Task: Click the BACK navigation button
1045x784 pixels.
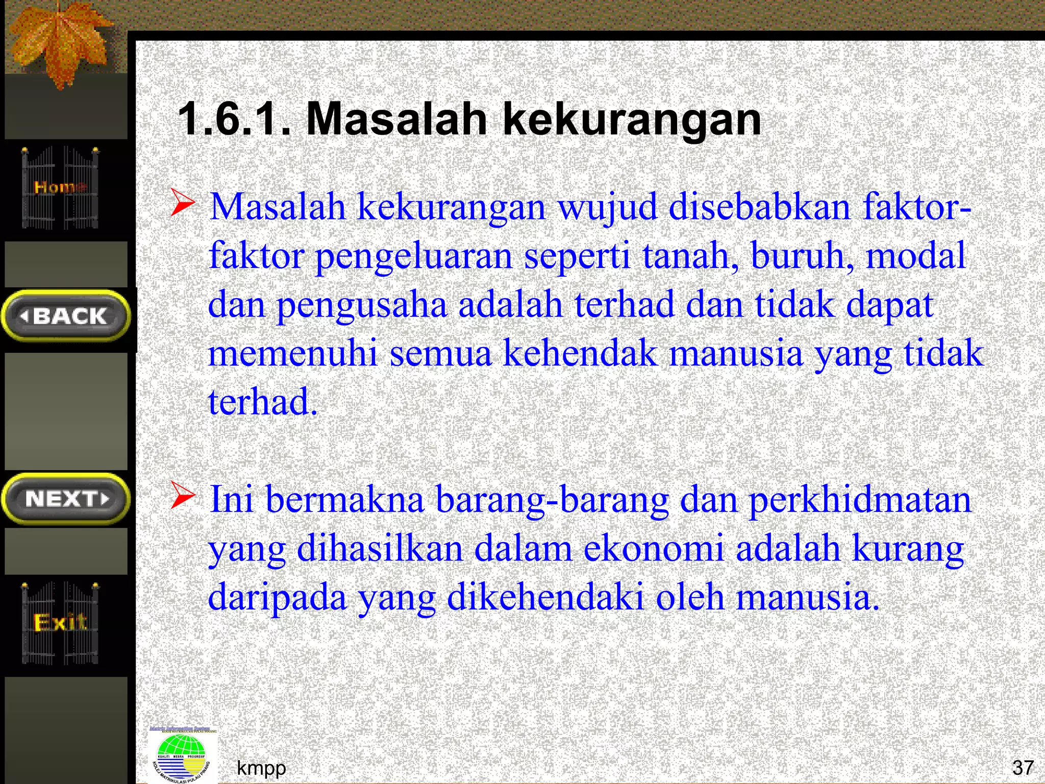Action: point(66,316)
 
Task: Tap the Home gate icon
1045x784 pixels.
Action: point(60,187)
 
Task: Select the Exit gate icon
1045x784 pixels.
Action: point(60,623)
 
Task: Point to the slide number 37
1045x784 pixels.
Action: point(1023,767)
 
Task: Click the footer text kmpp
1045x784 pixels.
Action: point(261,767)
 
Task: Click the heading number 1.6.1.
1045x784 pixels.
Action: point(234,119)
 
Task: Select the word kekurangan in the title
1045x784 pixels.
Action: point(632,120)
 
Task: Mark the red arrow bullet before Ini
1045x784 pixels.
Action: point(182,495)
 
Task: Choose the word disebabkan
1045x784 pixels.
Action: point(759,207)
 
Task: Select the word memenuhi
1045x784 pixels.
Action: point(293,353)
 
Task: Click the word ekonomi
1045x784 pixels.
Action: point(653,549)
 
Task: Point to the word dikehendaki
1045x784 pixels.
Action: point(545,597)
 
